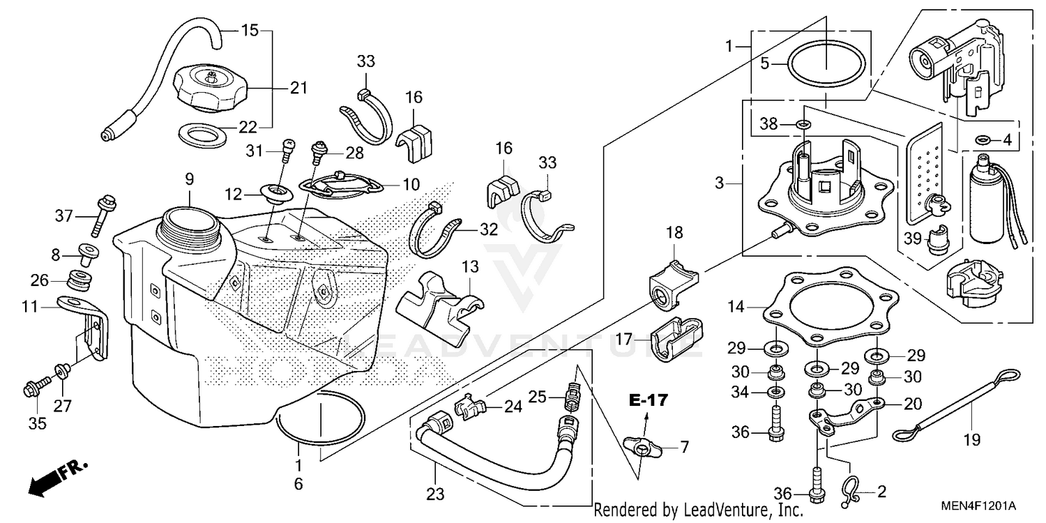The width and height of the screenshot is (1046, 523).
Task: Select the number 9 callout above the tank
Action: click(189, 179)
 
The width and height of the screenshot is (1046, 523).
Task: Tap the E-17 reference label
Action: click(648, 400)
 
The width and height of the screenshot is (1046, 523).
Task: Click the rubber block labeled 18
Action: click(672, 285)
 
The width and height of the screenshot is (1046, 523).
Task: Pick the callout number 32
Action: click(490, 229)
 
